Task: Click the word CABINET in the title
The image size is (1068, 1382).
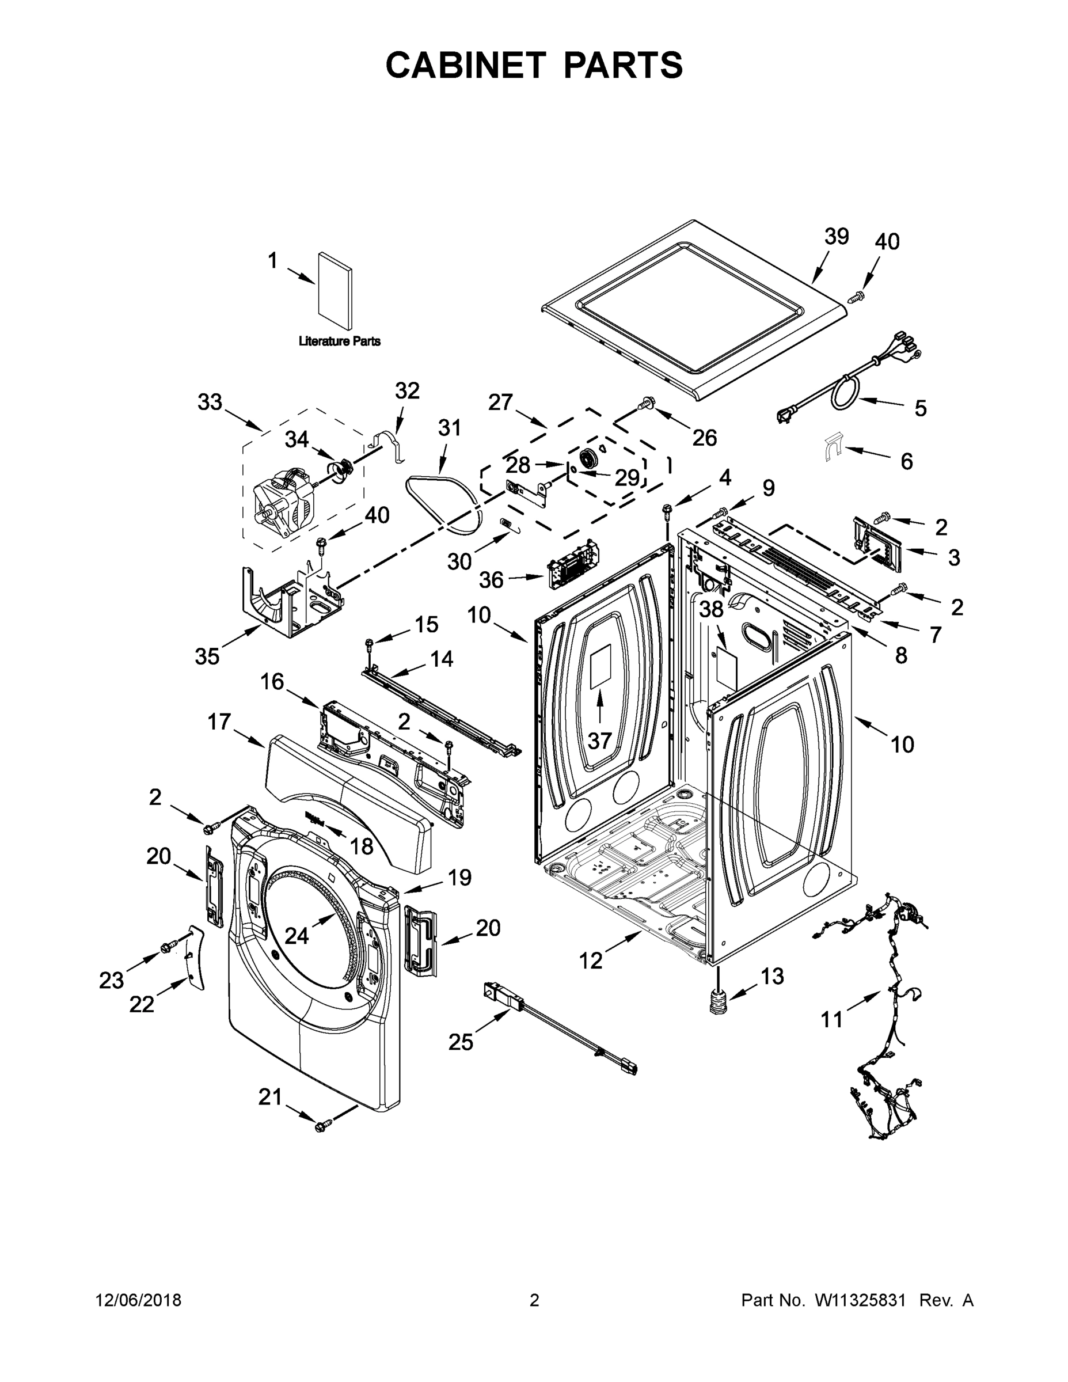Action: [466, 64]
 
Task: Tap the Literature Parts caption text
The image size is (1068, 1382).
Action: [339, 341]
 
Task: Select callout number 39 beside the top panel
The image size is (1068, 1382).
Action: [836, 237]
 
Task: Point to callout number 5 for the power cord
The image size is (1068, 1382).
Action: [920, 408]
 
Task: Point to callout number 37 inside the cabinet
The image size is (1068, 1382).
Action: [599, 741]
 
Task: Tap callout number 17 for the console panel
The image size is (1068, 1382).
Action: [219, 722]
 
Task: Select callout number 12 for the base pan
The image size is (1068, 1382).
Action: [591, 961]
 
